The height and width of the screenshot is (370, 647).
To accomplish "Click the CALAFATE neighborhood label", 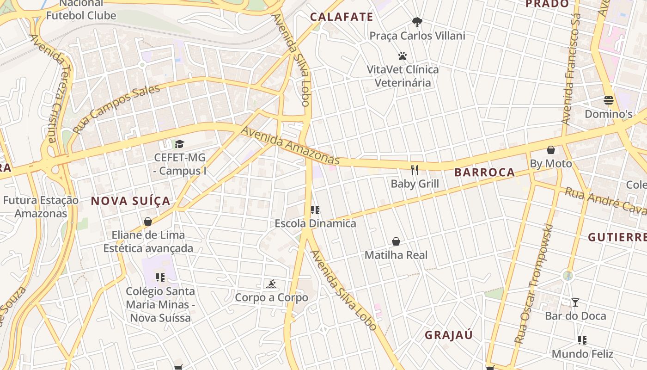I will tap(341, 17).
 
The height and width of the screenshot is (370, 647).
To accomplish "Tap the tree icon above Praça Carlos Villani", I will tap(417, 22).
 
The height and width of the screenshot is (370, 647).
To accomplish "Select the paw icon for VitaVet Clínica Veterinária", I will tap(403, 56).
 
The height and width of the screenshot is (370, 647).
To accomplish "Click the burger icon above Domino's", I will tap(608, 100).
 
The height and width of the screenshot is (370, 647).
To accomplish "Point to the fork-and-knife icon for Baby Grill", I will tap(415, 170).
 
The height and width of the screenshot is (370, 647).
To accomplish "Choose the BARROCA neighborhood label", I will tap(484, 173).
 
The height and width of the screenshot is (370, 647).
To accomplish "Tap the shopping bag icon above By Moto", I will tap(550, 150).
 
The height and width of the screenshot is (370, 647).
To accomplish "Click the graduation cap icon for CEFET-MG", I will tap(179, 144).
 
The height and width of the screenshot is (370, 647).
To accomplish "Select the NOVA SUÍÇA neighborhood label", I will tap(131, 201).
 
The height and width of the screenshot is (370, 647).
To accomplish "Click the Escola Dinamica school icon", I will tap(315, 210).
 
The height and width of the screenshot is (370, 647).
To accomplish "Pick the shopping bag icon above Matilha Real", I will tap(396, 241).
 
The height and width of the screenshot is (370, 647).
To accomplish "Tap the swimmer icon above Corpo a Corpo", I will tap(271, 284).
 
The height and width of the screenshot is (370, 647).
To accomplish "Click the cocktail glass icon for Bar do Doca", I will tap(575, 302).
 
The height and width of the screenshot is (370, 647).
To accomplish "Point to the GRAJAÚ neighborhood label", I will tap(449, 335).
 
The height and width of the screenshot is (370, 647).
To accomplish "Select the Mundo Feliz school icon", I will tap(582, 341).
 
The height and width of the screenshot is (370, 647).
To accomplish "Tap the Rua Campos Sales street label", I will tap(116, 109).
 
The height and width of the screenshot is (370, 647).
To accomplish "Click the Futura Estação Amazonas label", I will tap(41, 207).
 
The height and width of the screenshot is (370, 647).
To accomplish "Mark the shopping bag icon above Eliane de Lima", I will tap(148, 222).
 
